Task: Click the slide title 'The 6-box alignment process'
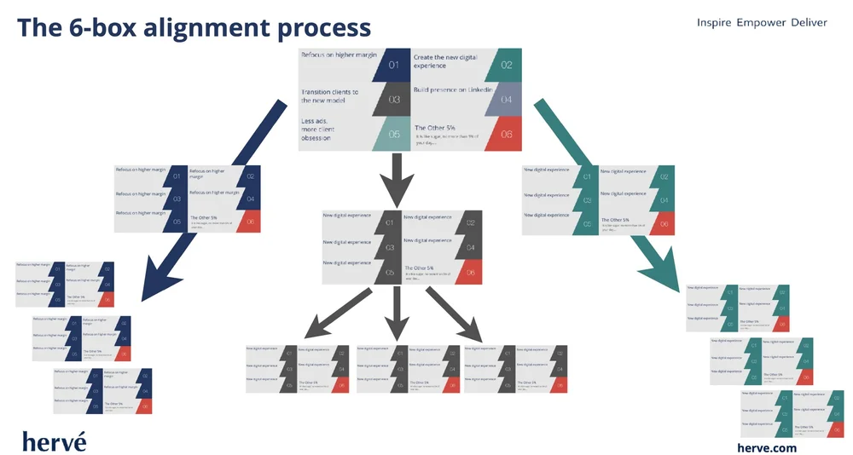(194, 27)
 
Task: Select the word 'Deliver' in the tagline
(805, 22)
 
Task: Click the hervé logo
(54, 440)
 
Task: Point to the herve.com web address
(767, 447)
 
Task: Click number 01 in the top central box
(393, 65)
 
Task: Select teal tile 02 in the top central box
(506, 65)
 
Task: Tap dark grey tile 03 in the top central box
(393, 100)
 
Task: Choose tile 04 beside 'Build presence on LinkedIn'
(506, 100)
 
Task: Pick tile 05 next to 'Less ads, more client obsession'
(393, 135)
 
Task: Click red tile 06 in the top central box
(506, 135)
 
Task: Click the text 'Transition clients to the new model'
(329, 96)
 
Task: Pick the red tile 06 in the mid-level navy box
(250, 222)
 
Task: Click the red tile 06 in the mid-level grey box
(471, 273)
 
